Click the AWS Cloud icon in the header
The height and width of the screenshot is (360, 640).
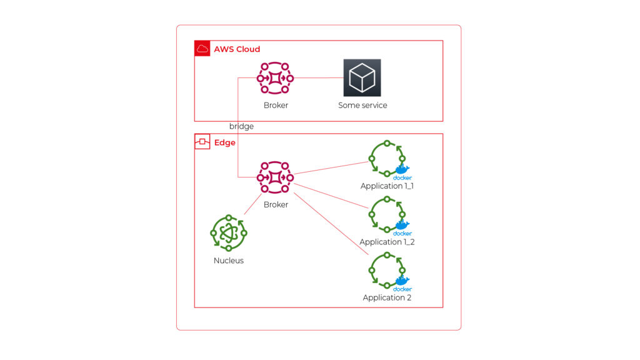click(202, 49)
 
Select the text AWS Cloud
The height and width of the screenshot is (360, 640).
click(237, 49)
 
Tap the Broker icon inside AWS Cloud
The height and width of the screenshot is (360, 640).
click(276, 78)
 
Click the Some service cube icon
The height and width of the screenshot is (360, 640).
click(362, 77)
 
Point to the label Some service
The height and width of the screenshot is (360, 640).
click(362, 106)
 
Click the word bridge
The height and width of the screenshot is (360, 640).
click(241, 126)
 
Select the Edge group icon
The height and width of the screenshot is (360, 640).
click(202, 142)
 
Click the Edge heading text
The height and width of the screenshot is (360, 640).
click(225, 142)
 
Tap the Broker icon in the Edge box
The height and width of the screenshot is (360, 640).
click(276, 177)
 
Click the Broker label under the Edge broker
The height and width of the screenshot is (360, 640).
click(276, 204)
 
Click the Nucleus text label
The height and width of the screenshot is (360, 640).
click(229, 261)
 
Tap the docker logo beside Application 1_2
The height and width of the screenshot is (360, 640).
click(402, 228)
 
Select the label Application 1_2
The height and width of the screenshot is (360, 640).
click(387, 242)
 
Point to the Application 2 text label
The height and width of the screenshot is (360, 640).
click(387, 297)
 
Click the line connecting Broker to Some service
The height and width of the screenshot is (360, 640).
click(319, 78)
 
